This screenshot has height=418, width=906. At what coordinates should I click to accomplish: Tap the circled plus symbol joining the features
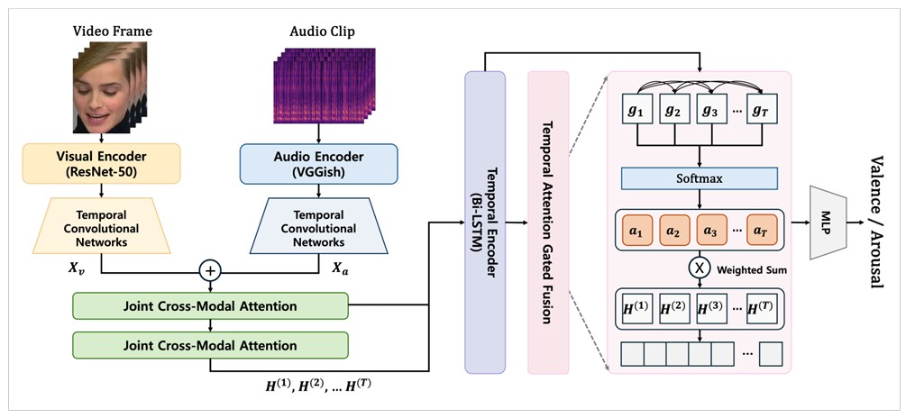(x=211, y=269)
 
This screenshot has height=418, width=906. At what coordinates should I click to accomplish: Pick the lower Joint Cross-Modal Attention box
(x=209, y=345)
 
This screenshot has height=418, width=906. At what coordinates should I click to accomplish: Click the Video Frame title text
(x=112, y=32)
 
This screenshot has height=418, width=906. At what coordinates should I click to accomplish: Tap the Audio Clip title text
(x=322, y=32)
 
